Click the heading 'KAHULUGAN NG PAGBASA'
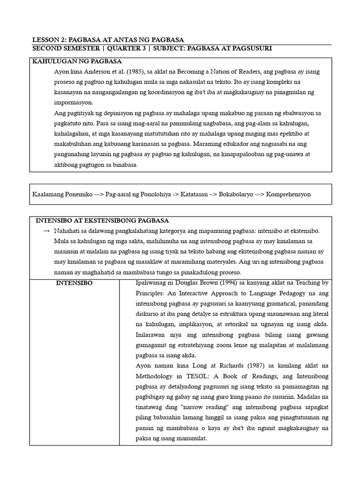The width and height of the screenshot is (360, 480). pyautogui.click(x=77, y=61)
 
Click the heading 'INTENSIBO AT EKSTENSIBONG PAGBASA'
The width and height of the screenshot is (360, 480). pyautogui.click(x=103, y=220)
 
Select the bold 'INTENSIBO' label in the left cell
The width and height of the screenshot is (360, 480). pyautogui.click(x=74, y=283)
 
